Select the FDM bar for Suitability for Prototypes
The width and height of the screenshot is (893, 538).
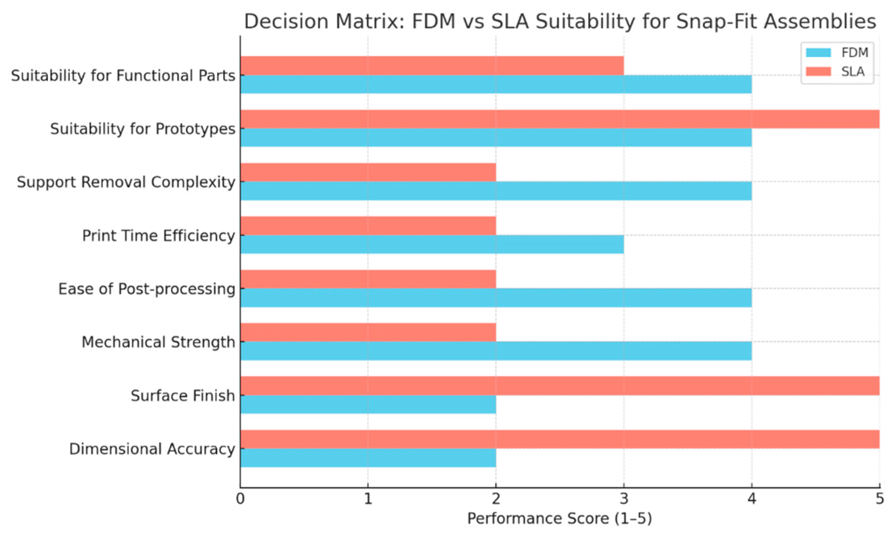(x=495, y=137)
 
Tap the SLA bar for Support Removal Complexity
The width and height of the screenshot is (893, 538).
(x=367, y=172)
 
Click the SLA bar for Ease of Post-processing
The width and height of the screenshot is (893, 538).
(x=367, y=279)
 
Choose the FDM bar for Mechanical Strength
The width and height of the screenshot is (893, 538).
(x=495, y=351)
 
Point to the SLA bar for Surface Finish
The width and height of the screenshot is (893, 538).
(x=559, y=386)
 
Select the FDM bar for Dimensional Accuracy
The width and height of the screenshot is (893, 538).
(x=367, y=457)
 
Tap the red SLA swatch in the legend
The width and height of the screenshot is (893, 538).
(x=818, y=72)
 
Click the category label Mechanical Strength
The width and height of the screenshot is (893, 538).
(x=158, y=342)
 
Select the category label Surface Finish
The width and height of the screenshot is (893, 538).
(x=183, y=396)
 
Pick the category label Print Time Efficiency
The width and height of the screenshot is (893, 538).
(x=159, y=236)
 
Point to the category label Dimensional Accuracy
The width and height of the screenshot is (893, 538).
(x=152, y=449)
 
